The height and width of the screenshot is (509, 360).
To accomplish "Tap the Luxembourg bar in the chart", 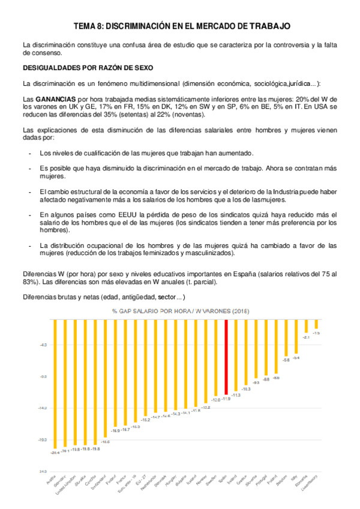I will [x=316, y=324].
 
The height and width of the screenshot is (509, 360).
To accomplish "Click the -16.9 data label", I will [x=115, y=431].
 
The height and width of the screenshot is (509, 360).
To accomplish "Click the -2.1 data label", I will [x=306, y=337].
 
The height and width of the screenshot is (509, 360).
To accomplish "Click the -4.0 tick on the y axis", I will [x=43, y=345].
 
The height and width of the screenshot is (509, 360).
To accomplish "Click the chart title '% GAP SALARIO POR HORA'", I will [x=180, y=311].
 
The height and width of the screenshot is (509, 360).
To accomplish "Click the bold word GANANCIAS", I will [x=55, y=98].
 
